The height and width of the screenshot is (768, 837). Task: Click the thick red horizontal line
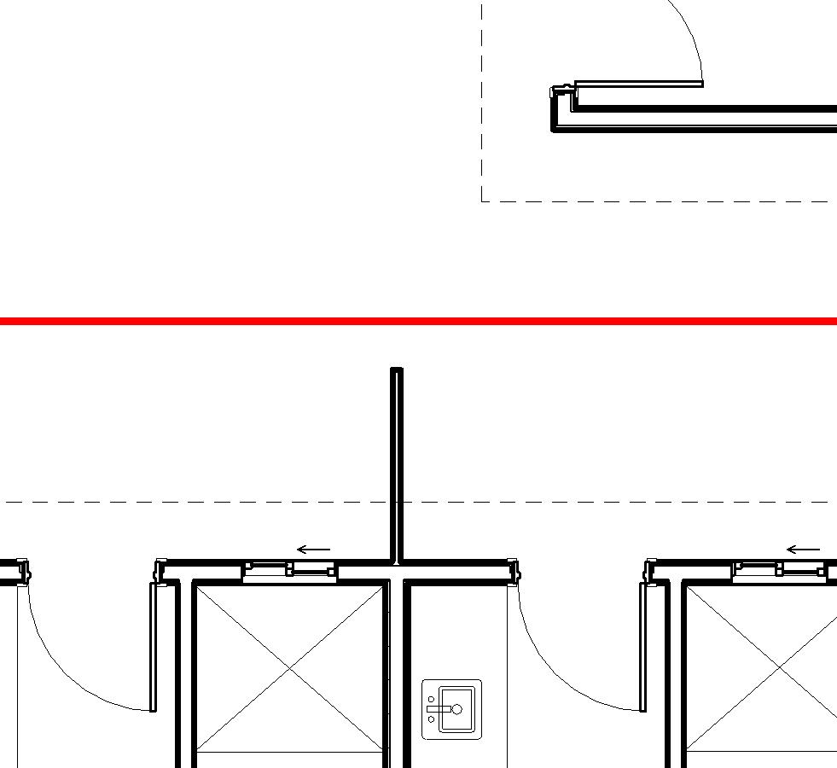point(418,321)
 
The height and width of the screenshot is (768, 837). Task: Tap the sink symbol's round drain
point(457,709)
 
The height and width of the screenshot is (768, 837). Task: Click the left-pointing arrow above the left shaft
point(313,550)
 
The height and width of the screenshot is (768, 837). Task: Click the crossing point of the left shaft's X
point(290,668)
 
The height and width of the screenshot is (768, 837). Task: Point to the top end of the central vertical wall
point(397,371)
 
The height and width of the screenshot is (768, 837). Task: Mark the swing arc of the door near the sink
point(546,674)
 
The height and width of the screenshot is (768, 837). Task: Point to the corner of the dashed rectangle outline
point(482,201)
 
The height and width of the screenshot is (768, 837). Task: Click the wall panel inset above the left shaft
point(290,570)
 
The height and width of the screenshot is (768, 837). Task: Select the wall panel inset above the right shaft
point(780,570)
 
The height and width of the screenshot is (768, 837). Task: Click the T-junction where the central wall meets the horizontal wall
point(397,563)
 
